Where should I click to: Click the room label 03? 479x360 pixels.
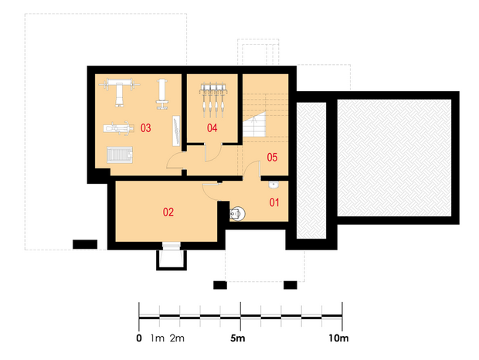pos(146,128)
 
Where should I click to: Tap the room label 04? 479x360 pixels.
pos(212,128)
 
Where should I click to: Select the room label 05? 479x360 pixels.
pos(272,158)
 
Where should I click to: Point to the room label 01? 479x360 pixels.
pos(274,202)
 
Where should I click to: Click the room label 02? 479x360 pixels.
pos(168,212)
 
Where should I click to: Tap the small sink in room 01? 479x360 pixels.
pos(273,185)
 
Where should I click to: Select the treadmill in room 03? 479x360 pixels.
pos(120,155)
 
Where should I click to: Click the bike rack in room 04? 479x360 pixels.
pos(213,100)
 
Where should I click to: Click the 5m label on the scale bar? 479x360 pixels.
pos(238,338)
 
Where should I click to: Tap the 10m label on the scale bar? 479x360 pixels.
pos(338,338)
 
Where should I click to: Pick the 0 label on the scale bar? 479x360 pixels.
pos(139,338)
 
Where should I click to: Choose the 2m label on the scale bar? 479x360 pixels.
pos(177,338)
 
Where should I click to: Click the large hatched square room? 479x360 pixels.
pos(394,158)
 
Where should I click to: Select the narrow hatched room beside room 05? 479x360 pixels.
pos(311,171)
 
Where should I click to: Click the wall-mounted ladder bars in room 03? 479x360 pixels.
pos(176,131)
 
